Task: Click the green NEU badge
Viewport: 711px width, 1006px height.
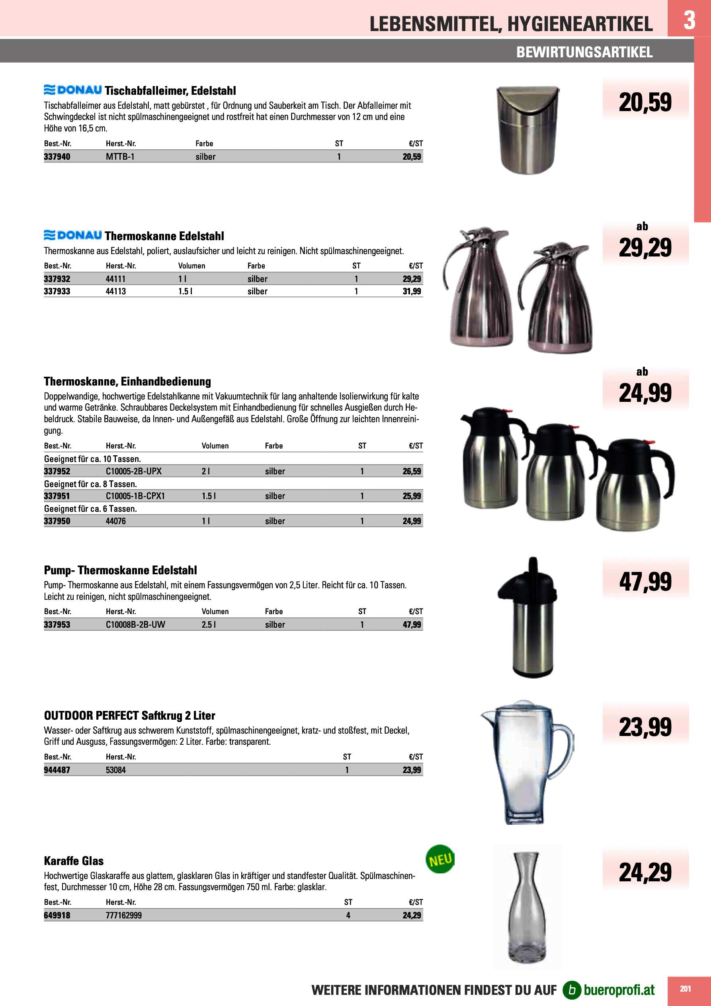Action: [x=440, y=859]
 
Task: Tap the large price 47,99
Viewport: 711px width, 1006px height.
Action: [x=645, y=582]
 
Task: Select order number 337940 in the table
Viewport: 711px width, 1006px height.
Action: [x=57, y=157]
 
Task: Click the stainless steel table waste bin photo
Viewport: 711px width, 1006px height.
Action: [x=527, y=130]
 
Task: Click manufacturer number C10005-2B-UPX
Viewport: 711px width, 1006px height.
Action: [x=134, y=471]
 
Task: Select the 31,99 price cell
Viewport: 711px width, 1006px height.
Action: [x=411, y=292]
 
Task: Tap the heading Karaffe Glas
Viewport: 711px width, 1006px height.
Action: [x=74, y=861]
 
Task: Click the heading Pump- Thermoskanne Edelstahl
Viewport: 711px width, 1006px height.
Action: [x=121, y=570]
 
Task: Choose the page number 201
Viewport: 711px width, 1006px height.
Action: [x=685, y=988]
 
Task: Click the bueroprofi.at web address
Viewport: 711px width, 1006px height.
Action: [x=619, y=989]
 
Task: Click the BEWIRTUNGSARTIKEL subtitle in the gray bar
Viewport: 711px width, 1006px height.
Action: [x=584, y=52]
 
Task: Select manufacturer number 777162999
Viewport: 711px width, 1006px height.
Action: [x=123, y=915]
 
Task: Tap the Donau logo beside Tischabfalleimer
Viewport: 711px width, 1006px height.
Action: [x=73, y=90]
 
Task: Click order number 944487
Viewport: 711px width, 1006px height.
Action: [x=57, y=770]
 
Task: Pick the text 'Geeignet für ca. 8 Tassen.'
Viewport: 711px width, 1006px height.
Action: [x=91, y=484]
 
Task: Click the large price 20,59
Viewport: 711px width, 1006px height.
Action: [x=645, y=102]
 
